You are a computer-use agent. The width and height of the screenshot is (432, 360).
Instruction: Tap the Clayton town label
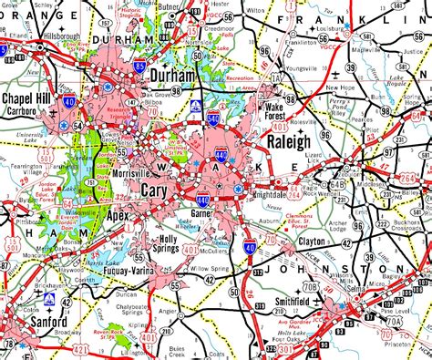[318, 243]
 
